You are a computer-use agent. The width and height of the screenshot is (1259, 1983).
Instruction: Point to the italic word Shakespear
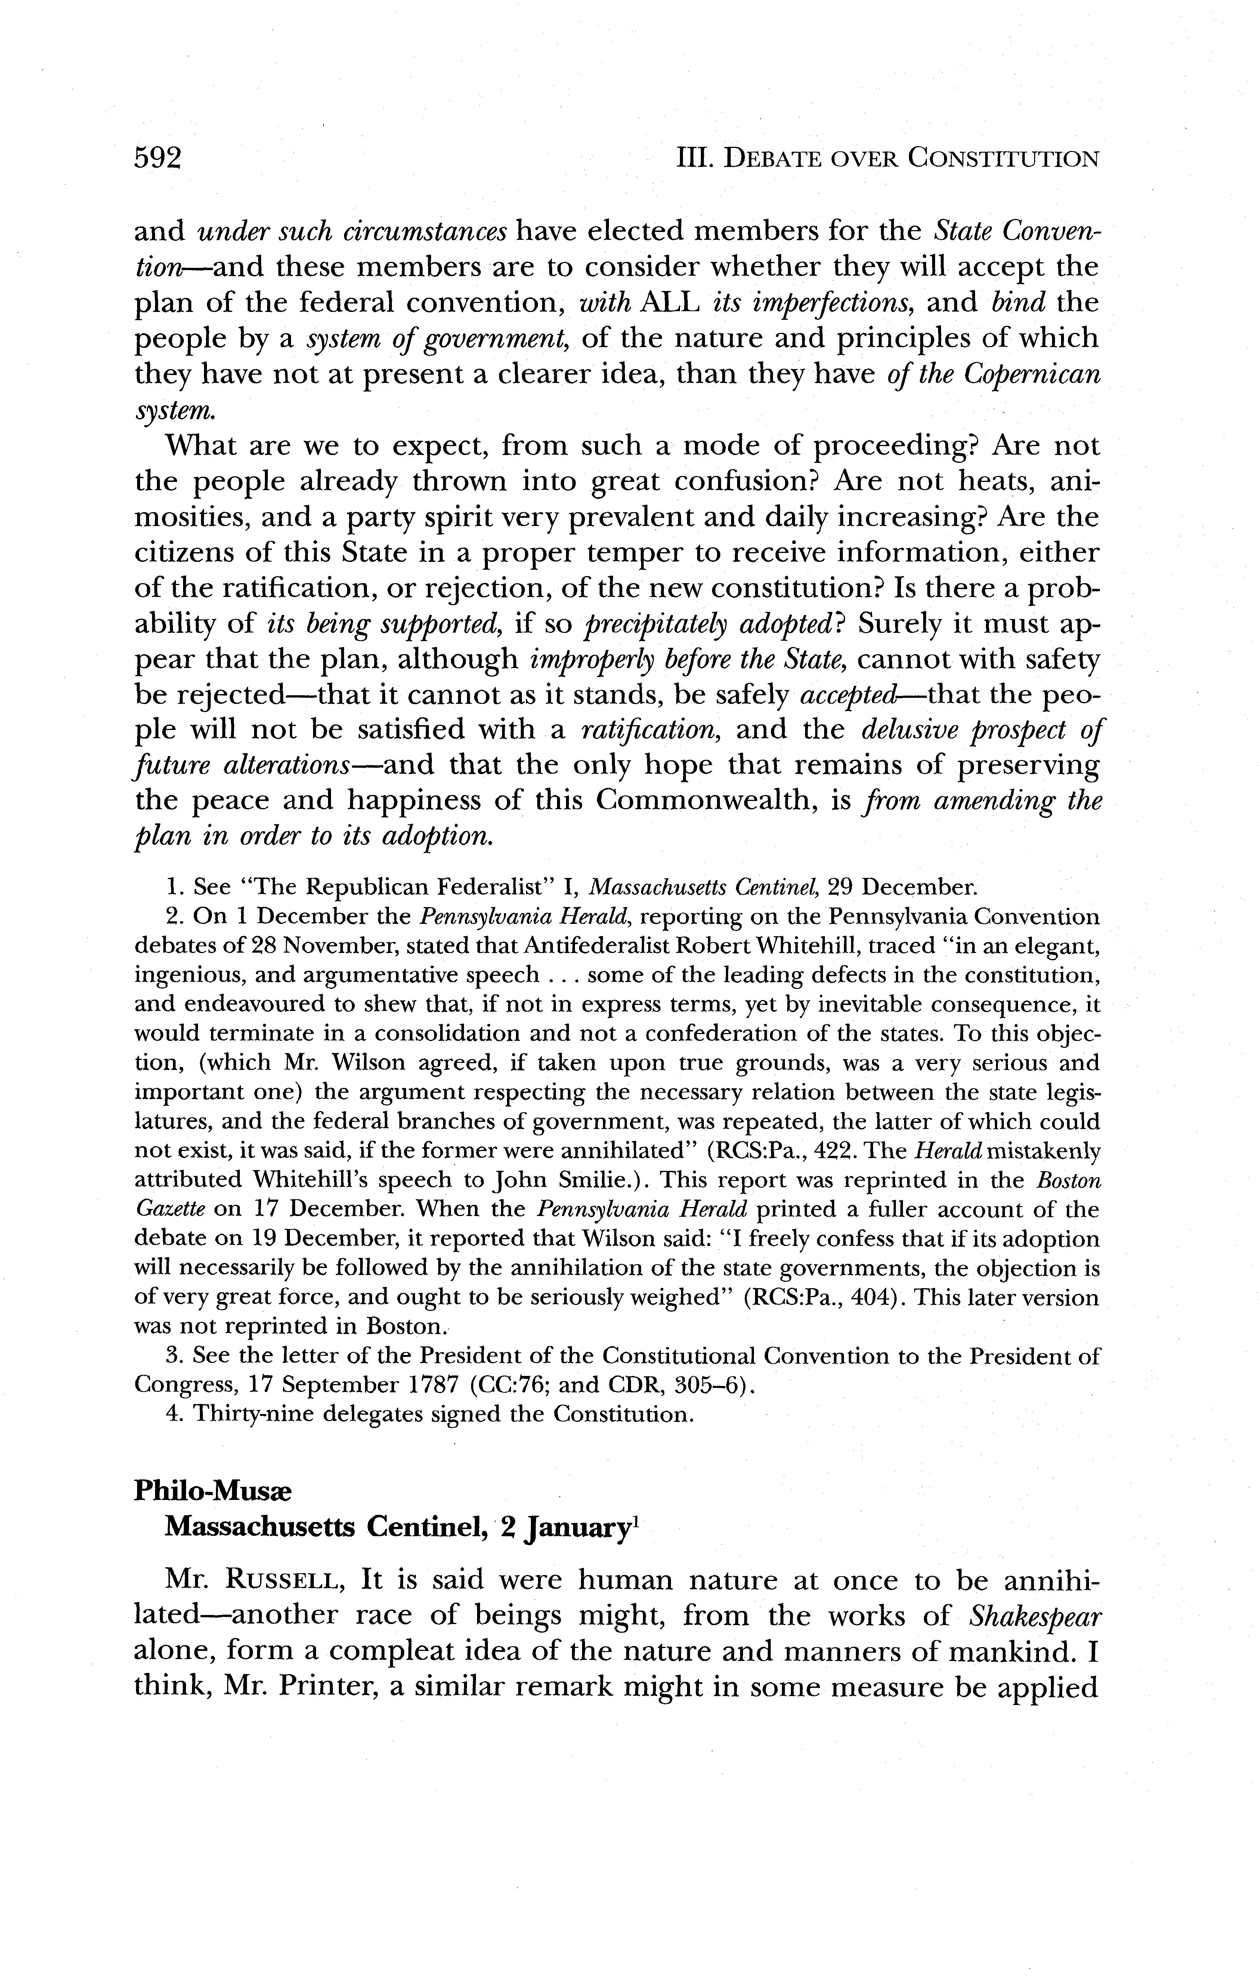pyautogui.click(x=1033, y=1617)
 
